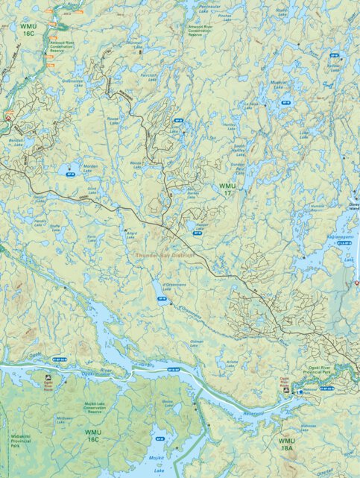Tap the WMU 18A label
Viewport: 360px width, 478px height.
287,444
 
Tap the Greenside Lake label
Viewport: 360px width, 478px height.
73,83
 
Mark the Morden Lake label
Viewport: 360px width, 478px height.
90,169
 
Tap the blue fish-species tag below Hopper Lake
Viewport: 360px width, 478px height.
198,233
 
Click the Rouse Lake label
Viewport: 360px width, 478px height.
113,121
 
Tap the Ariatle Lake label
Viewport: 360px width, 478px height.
231,365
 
